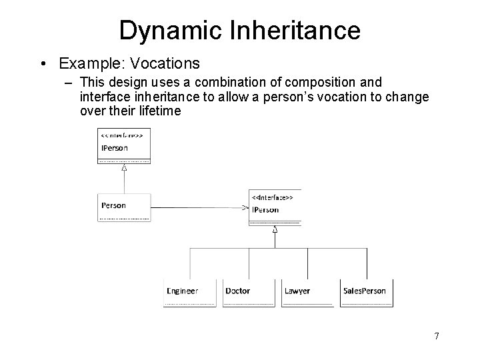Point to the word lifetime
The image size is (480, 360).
pyautogui.click(x=157, y=110)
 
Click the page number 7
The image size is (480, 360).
pyautogui.click(x=436, y=335)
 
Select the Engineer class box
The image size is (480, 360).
pyautogui.click(x=190, y=293)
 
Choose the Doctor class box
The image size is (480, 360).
pyautogui.click(x=249, y=293)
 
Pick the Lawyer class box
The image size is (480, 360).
pyautogui.click(x=307, y=293)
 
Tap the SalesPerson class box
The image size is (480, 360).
pyautogui.click(x=366, y=293)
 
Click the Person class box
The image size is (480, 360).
pyautogui.click(x=124, y=207)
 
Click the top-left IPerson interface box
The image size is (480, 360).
pyautogui.click(x=124, y=146)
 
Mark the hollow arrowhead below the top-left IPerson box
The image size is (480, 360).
pyautogui.click(x=124, y=168)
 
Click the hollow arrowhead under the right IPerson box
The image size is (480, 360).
pyautogui.click(x=275, y=230)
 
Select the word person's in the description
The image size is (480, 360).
pyautogui.click(x=289, y=96)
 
